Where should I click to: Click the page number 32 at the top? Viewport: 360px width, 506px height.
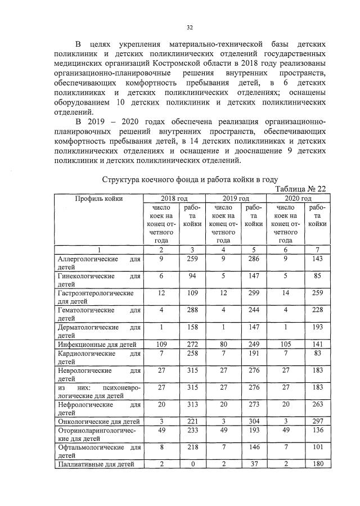(190, 26)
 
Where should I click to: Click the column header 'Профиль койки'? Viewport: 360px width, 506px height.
(98, 198)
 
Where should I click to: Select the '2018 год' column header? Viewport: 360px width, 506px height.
(174, 198)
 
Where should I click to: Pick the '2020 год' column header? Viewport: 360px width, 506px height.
(298, 198)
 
